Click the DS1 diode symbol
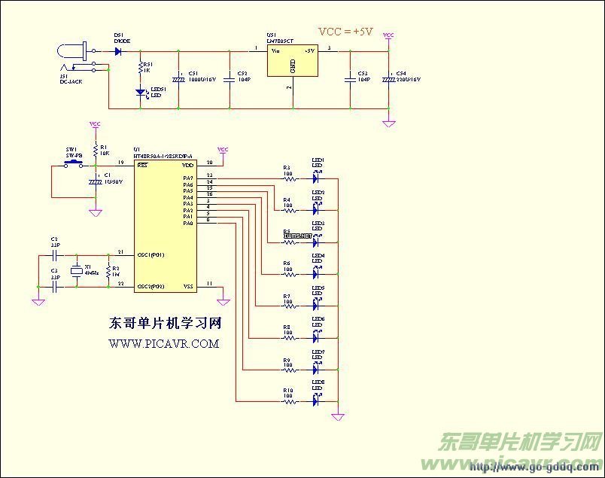tap(118, 52)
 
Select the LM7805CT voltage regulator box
tap(292, 61)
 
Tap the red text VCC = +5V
tap(345, 32)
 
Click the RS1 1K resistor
tap(140, 69)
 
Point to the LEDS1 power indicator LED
tap(140, 93)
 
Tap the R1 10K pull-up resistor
tap(96, 149)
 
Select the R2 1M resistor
tap(109, 271)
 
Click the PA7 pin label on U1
tap(188, 178)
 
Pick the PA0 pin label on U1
tap(188, 223)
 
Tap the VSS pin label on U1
tap(188, 286)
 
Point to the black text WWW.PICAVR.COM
tap(164, 343)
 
